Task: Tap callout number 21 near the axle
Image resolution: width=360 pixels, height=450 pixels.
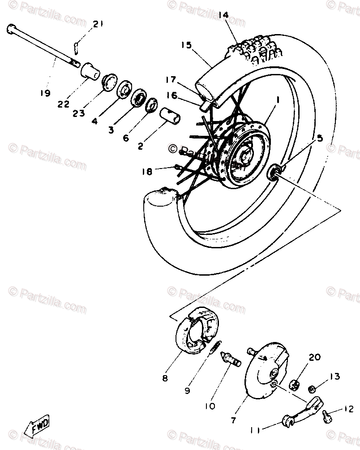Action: [98, 24]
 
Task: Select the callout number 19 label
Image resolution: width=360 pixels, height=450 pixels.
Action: [44, 93]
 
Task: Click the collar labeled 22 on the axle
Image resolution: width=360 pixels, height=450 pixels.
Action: [90, 70]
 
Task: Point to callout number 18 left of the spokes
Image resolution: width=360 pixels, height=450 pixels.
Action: [146, 172]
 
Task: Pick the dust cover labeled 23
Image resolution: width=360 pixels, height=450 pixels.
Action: [107, 83]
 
